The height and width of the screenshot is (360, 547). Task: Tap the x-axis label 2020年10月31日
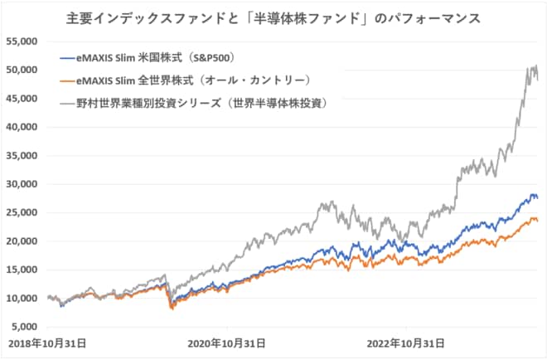pyautogui.click(x=226, y=343)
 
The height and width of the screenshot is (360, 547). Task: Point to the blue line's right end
pyautogui.click(x=537, y=197)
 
